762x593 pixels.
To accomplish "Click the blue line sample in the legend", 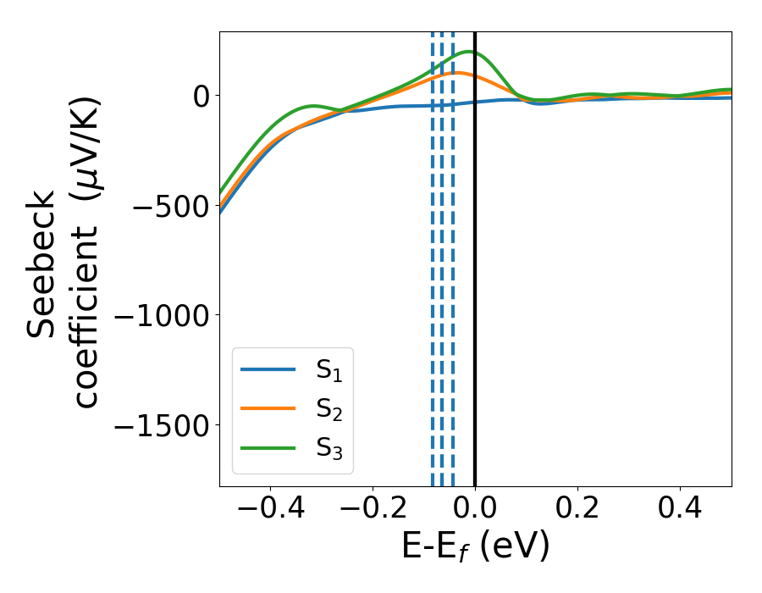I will [268, 369].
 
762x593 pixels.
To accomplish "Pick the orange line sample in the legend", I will [268, 408].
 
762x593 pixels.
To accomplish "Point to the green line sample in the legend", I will [268, 447].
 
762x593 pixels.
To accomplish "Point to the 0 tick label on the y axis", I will [201, 96].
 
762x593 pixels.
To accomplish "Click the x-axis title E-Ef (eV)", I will [475, 546].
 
